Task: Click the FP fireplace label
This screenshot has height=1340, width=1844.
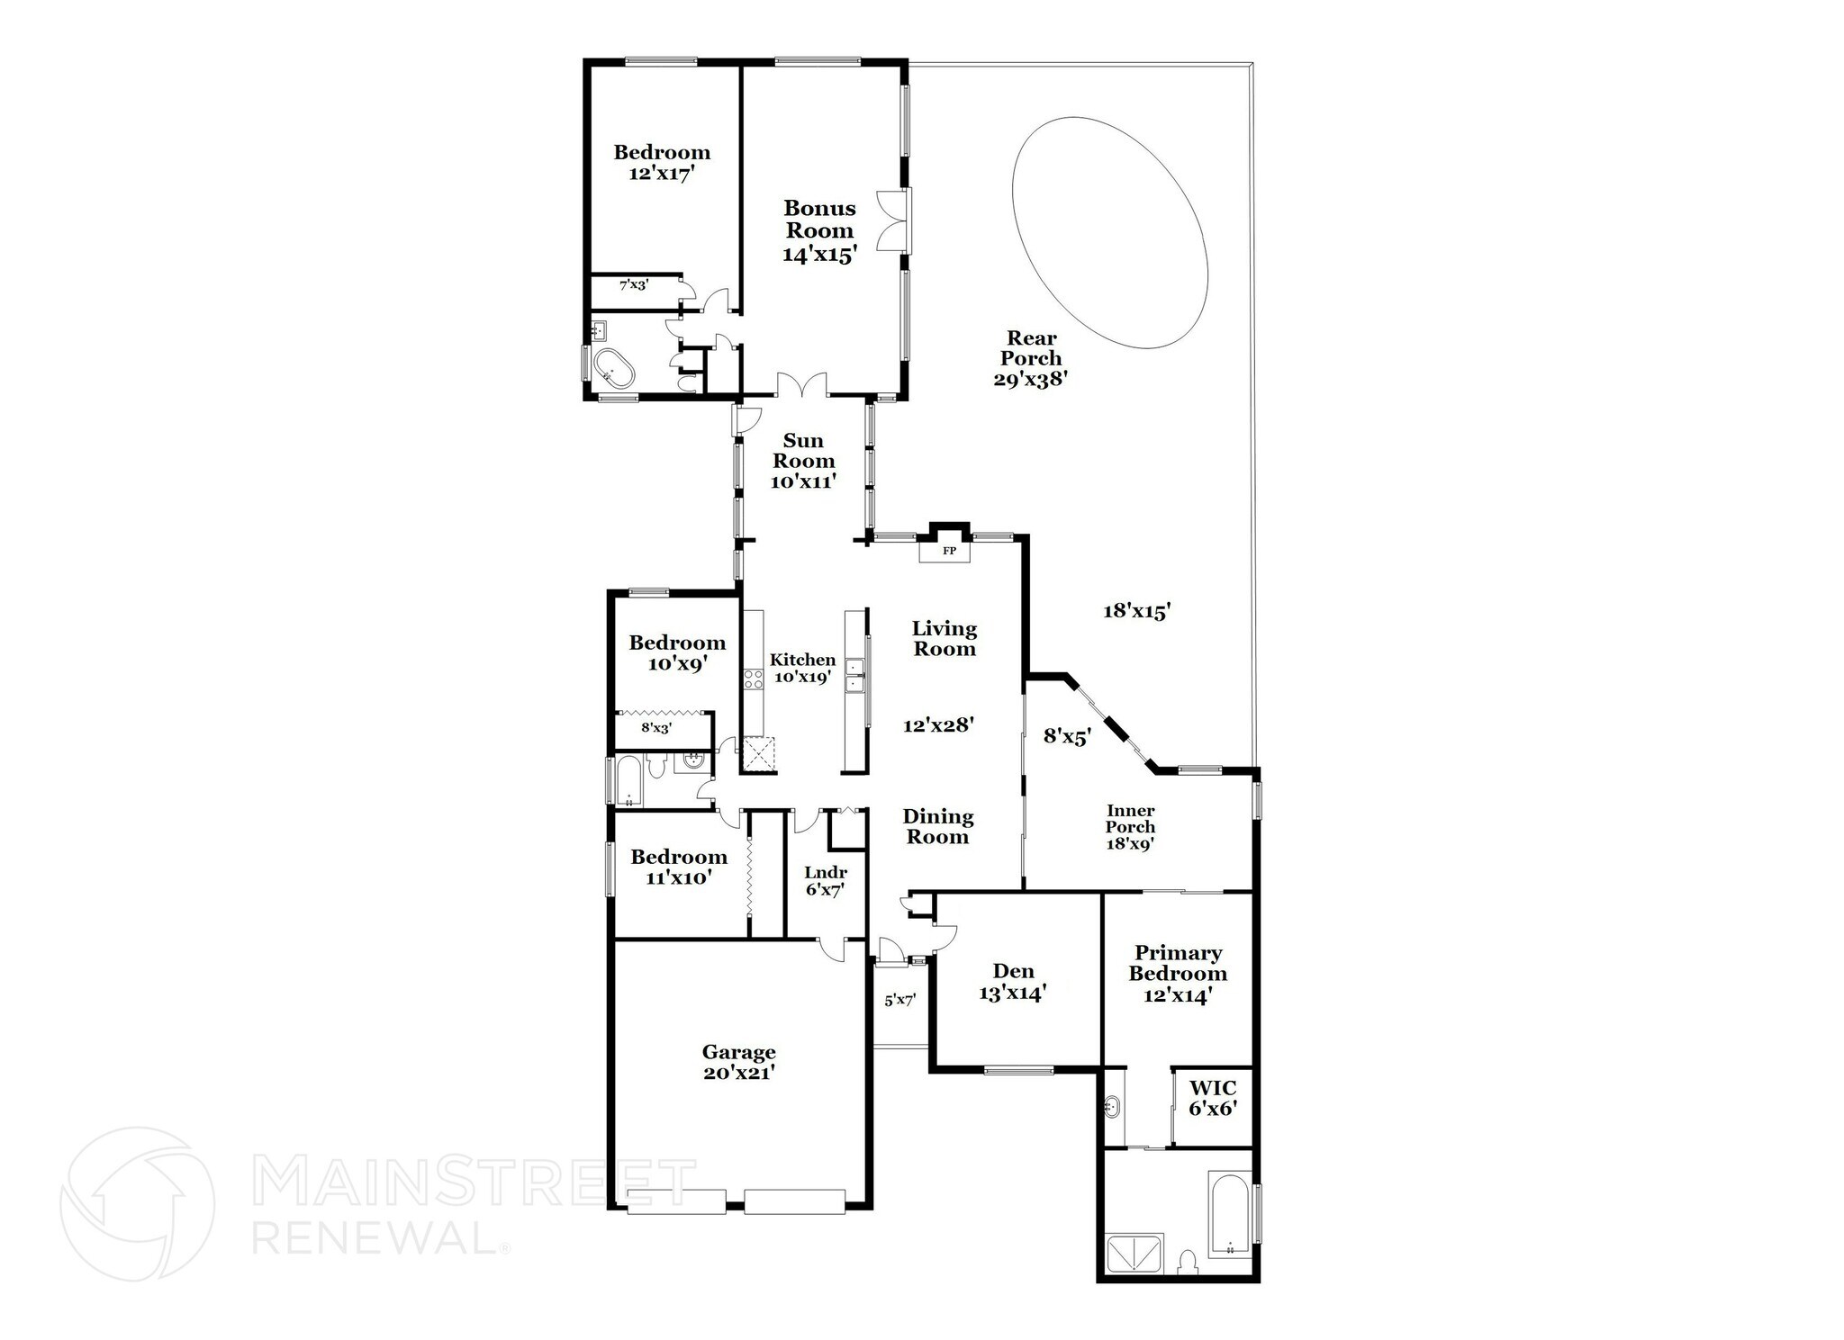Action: pyautogui.click(x=948, y=550)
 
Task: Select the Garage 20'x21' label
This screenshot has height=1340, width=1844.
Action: pyautogui.click(x=738, y=1062)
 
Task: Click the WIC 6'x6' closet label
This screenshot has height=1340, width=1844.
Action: pyautogui.click(x=1213, y=1097)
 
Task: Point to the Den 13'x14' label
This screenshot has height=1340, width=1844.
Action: pyautogui.click(x=1013, y=982)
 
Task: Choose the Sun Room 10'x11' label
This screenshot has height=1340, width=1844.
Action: pyautogui.click(x=803, y=461)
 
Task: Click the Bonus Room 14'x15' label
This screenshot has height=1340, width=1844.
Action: pyautogui.click(x=819, y=231)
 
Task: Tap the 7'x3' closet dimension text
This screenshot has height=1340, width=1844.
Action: pyautogui.click(x=634, y=285)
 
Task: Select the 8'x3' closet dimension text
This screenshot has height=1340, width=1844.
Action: pyautogui.click(x=656, y=727)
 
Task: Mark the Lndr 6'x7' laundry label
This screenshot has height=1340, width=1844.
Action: pyautogui.click(x=825, y=881)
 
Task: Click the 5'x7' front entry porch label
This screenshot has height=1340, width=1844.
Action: pyautogui.click(x=899, y=1000)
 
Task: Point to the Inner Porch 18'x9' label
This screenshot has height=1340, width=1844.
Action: pyautogui.click(x=1130, y=827)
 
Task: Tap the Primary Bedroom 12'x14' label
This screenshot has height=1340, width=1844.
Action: pyautogui.click(x=1178, y=974)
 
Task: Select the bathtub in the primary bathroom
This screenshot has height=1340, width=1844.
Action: pyautogui.click(x=1229, y=1214)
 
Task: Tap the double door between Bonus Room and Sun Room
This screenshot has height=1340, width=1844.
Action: pyautogui.click(x=801, y=384)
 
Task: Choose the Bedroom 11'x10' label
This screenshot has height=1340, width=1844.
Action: pyautogui.click(x=679, y=866)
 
